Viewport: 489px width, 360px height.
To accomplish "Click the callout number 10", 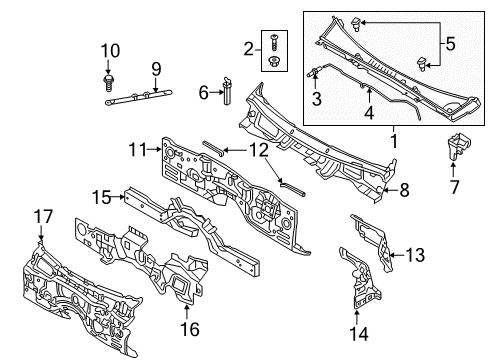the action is pyautogui.click(x=110, y=51).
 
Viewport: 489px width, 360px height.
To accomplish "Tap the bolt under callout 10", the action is pyautogui.click(x=108, y=83).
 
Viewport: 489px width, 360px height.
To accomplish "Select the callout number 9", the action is pyautogui.click(x=156, y=69).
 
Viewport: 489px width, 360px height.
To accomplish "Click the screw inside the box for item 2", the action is pyautogui.click(x=274, y=42).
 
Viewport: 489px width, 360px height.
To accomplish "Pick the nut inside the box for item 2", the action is pyautogui.click(x=275, y=62).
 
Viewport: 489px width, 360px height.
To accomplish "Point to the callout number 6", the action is pyautogui.click(x=203, y=93).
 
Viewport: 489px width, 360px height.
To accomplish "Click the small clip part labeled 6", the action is pyautogui.click(x=227, y=91).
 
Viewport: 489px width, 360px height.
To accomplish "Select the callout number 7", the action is pyautogui.click(x=455, y=187).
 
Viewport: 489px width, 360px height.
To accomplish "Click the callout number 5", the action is pyautogui.click(x=450, y=44).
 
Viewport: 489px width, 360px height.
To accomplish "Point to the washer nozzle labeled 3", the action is pyautogui.click(x=314, y=72).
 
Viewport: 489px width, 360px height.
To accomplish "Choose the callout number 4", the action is pyautogui.click(x=369, y=112).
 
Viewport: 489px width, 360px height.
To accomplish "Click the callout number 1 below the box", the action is pyautogui.click(x=394, y=141).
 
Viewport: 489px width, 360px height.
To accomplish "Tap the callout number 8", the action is pyautogui.click(x=404, y=190).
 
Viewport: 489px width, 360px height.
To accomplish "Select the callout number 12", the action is pyautogui.click(x=259, y=150).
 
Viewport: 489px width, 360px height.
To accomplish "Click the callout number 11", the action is pyautogui.click(x=138, y=149).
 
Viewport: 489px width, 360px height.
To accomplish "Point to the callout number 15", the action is pyautogui.click(x=101, y=197).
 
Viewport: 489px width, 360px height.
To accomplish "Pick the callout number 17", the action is pyautogui.click(x=43, y=216).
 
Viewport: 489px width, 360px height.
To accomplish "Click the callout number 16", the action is pyautogui.click(x=190, y=329).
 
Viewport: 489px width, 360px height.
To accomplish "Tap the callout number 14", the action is pyautogui.click(x=359, y=334).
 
